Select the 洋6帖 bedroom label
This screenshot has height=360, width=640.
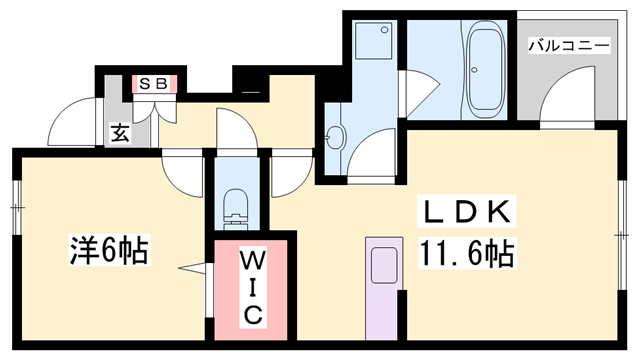pos(108,250)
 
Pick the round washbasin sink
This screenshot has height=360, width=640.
pos(335,137)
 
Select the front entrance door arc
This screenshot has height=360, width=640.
pos(72,122)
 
